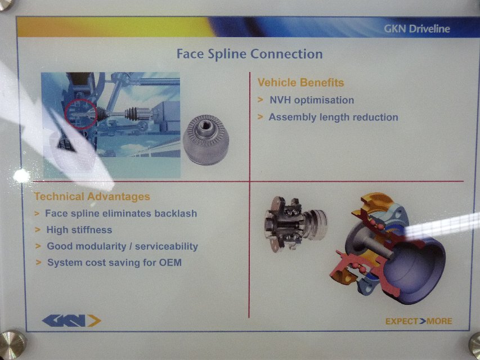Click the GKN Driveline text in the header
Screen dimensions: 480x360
[417, 29]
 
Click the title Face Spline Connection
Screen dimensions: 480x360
[249, 54]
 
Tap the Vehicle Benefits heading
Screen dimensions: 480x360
[300, 82]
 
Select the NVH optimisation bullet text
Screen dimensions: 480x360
[312, 100]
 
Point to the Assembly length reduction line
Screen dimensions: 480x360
[333, 117]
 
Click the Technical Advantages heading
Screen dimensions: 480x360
[92, 196]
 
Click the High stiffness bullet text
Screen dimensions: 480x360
[79, 230]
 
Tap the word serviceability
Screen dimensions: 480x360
[167, 246]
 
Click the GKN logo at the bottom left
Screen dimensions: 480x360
[71, 321]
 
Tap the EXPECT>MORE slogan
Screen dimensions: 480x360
[419, 321]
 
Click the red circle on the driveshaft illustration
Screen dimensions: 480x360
[81, 114]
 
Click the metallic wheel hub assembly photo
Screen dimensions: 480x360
[296, 224]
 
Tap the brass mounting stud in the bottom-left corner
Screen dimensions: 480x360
[12, 344]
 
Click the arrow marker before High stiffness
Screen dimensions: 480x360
[38, 229]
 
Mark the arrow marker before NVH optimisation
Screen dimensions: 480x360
[261, 100]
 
